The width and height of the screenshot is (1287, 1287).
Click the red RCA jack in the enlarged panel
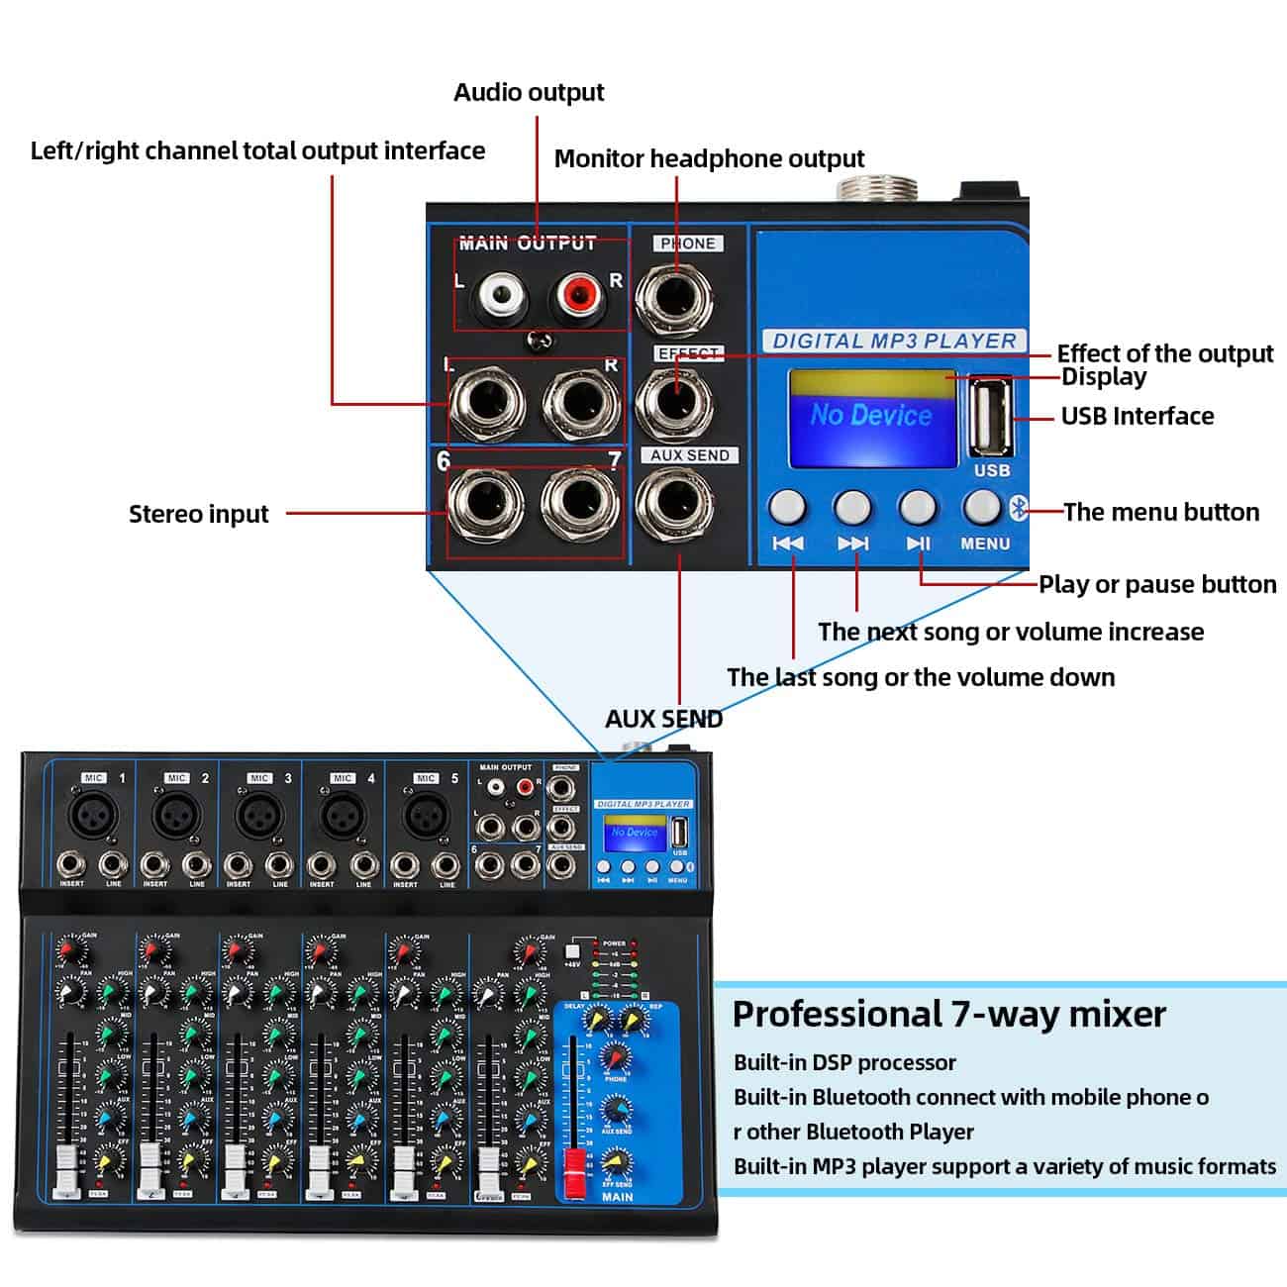point(577,294)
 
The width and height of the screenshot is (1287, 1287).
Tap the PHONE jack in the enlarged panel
point(675,297)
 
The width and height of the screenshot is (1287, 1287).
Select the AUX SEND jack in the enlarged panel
point(675,504)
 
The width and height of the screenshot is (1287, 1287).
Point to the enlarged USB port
point(990,415)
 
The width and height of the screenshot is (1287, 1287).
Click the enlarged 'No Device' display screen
point(871,416)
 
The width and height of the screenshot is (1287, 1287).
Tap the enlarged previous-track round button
point(787,506)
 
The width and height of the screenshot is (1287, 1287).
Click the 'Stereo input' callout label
point(198,514)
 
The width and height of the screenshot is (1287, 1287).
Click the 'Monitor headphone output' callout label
point(709,158)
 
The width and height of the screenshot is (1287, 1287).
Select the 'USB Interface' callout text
point(1137,416)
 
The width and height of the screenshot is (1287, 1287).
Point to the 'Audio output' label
point(529,92)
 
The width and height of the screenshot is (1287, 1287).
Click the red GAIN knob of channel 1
point(67,950)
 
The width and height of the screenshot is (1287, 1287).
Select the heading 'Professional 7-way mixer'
point(948,1014)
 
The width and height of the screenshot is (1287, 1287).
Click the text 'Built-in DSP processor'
point(844,1062)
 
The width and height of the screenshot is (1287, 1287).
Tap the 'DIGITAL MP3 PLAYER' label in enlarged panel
point(894,341)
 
